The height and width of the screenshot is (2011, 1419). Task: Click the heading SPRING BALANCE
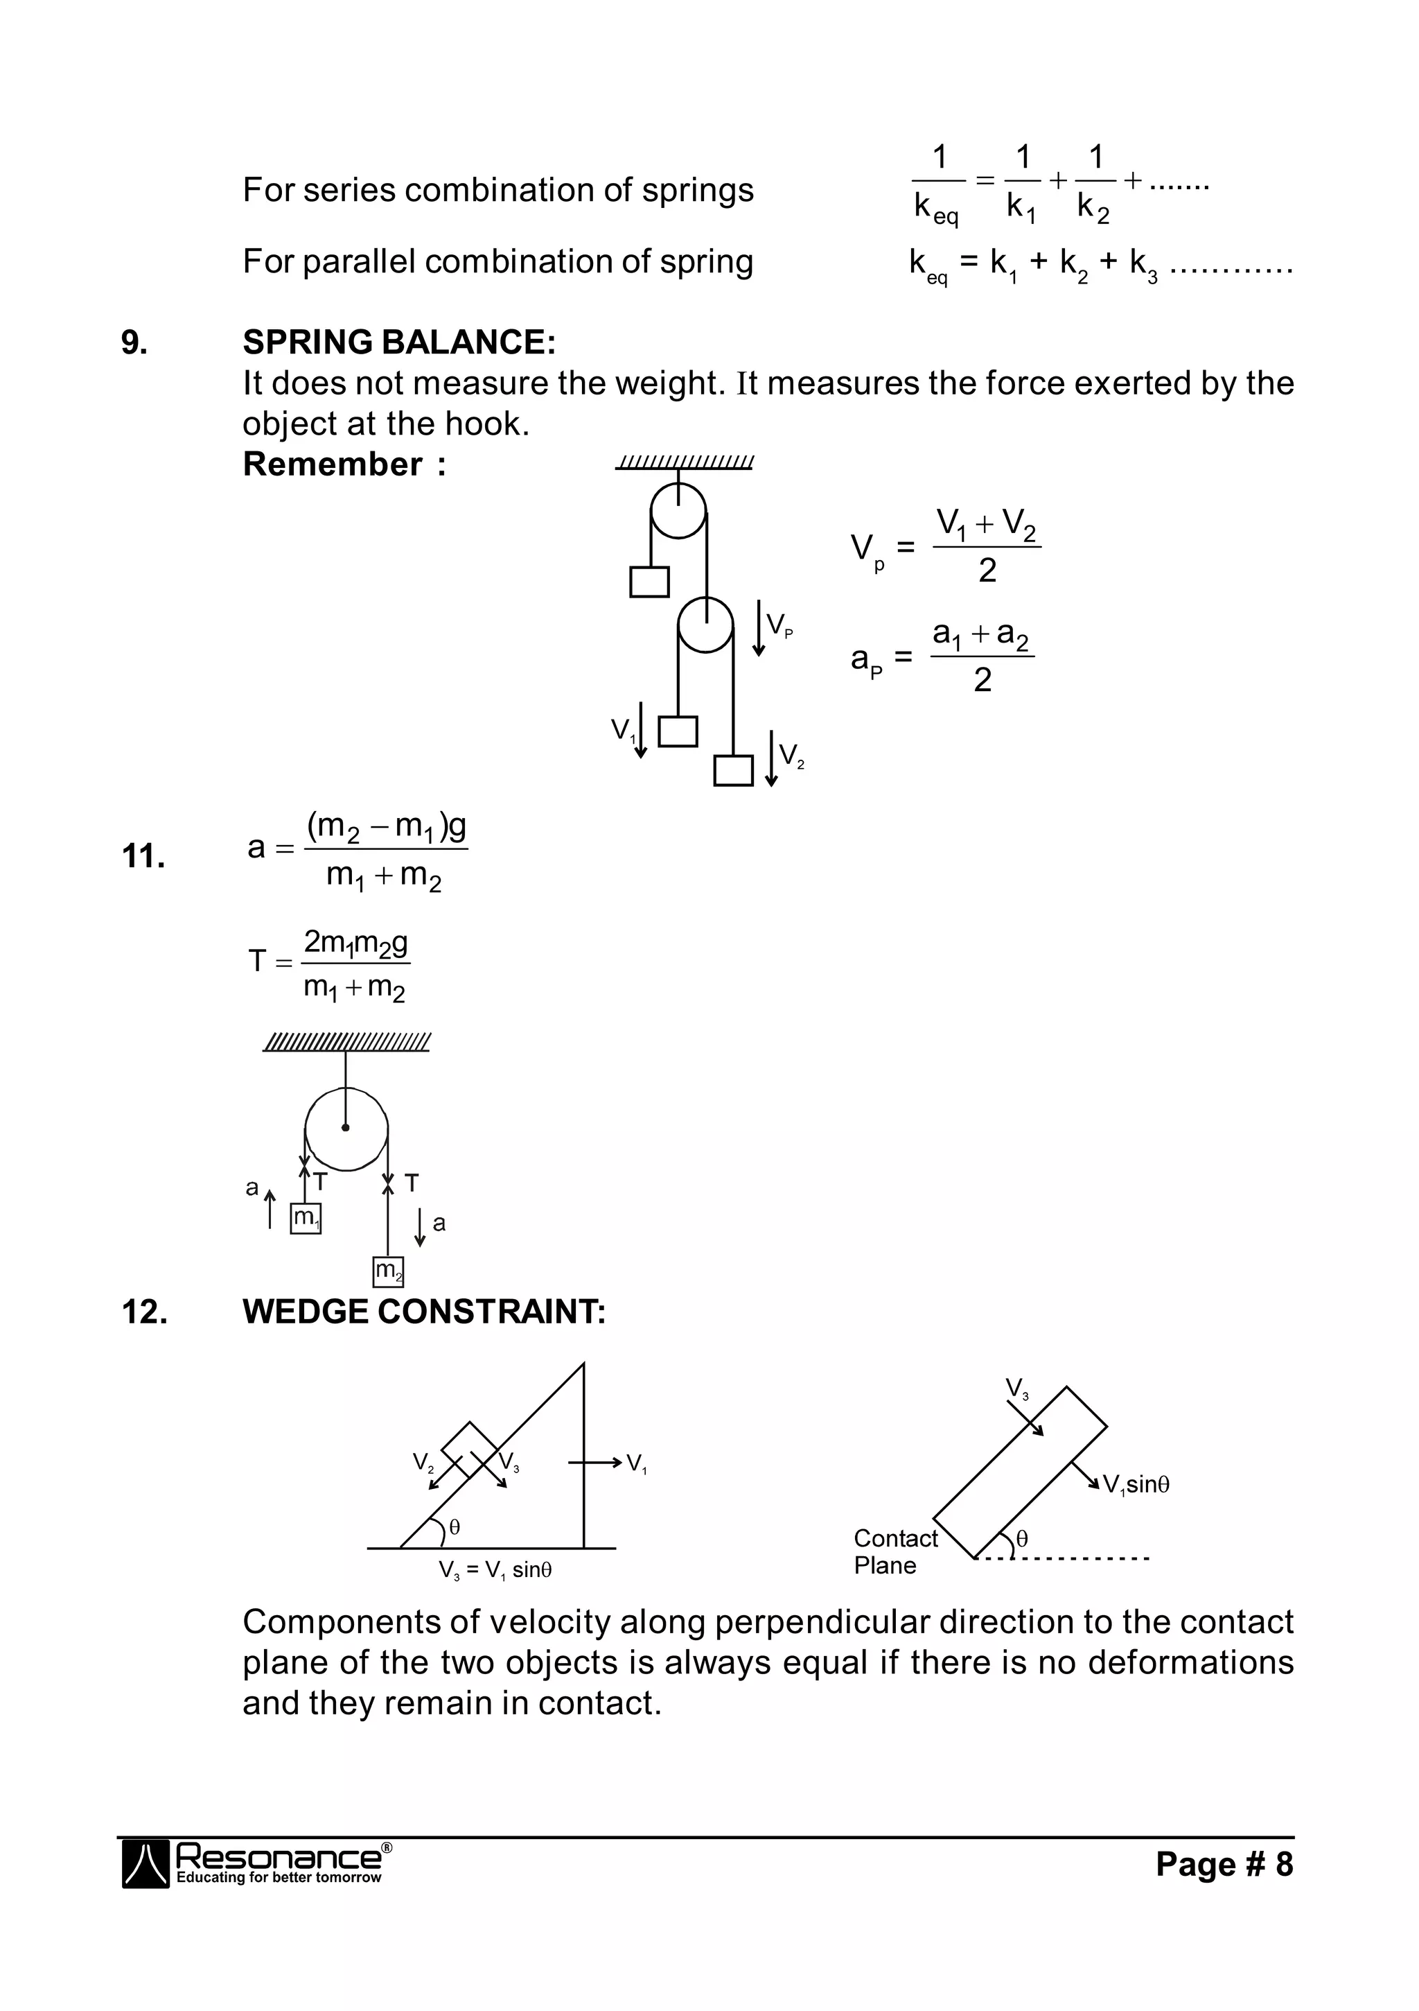(x=398, y=342)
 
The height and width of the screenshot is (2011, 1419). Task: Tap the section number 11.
(x=143, y=855)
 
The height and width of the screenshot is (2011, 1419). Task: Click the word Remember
(x=333, y=464)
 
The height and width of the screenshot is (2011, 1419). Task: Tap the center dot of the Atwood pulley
(x=346, y=1127)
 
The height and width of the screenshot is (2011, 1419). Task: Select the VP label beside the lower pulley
(x=779, y=625)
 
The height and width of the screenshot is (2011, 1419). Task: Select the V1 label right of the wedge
(x=637, y=1463)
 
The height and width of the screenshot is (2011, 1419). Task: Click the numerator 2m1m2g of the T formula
(x=355, y=943)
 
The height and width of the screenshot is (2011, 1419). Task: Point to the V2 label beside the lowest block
(x=791, y=755)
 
